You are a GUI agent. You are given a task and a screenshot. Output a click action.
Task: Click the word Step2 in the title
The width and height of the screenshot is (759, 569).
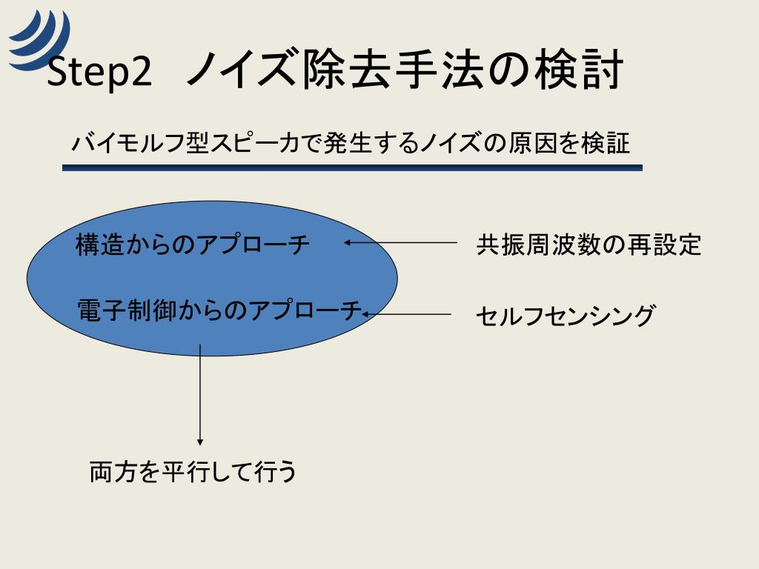[x=99, y=73]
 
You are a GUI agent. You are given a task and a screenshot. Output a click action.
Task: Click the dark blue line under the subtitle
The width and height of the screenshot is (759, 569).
[x=352, y=168]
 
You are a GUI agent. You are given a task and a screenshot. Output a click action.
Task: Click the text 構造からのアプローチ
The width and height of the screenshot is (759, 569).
[x=193, y=244]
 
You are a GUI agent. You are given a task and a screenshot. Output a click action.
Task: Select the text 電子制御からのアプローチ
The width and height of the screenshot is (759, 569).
[x=219, y=310]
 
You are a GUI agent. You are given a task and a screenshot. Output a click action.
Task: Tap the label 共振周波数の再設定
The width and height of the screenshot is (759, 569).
[x=589, y=244]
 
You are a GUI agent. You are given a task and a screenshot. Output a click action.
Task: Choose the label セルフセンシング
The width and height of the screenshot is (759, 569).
[x=565, y=316]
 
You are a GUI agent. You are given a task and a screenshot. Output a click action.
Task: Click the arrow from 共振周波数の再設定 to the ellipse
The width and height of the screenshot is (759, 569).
[x=401, y=242]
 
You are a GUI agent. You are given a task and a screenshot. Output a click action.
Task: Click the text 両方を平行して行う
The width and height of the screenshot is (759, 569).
[x=193, y=471]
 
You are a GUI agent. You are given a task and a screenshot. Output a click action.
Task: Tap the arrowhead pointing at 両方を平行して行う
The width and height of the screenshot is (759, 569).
[x=200, y=442]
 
